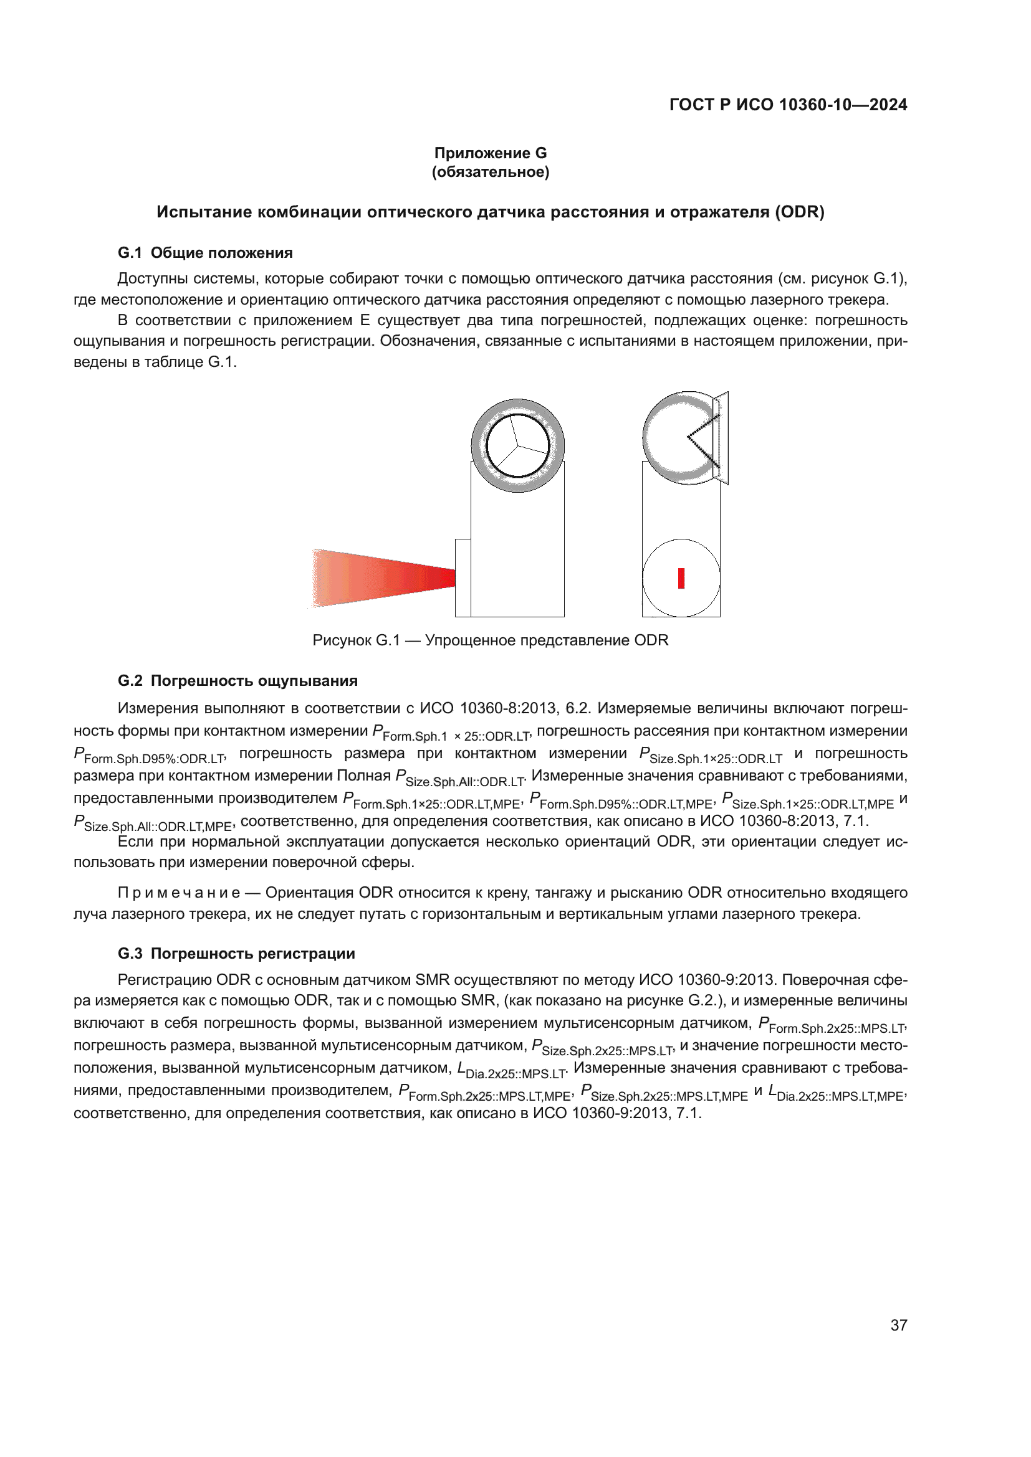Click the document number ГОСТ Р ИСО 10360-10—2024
coord(788,105)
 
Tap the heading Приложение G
coord(490,153)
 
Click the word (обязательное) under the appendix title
coord(490,172)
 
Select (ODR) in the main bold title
coord(798,212)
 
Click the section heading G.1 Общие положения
coord(205,252)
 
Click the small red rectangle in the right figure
coord(681,578)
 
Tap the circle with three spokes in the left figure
coord(517,445)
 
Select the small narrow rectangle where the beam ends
coord(463,577)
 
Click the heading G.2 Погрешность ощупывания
coord(237,681)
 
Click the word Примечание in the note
coord(179,893)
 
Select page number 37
coord(898,1325)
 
